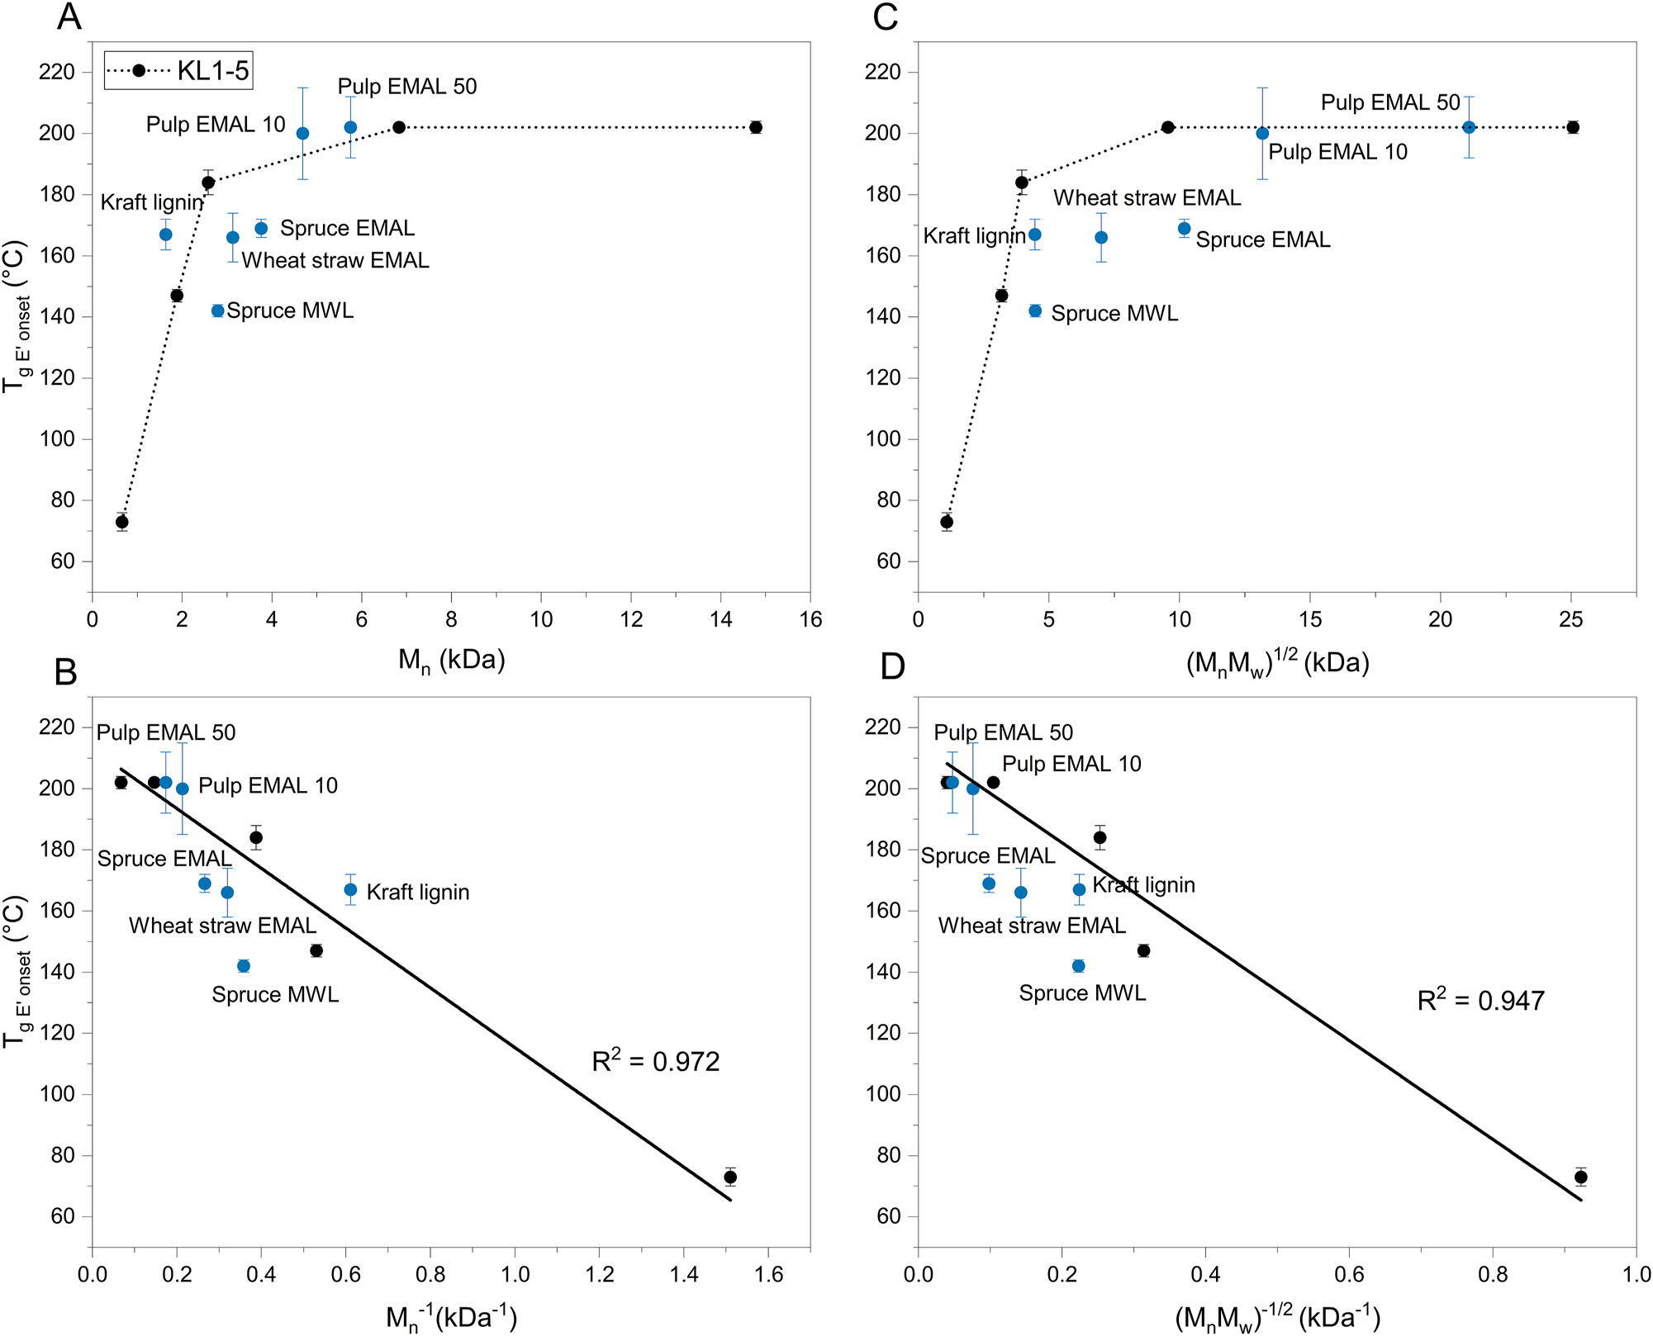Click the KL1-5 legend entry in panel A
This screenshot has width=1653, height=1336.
point(178,71)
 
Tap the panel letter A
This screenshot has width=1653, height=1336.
point(69,17)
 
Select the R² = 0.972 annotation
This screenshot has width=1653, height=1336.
point(656,1061)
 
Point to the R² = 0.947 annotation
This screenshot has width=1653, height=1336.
point(1480,1001)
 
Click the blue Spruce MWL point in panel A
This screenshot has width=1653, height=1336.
point(218,311)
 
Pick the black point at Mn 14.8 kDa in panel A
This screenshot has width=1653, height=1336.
point(756,127)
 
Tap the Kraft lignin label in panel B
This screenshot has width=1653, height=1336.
point(418,893)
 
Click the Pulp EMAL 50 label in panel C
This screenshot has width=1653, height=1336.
point(1390,102)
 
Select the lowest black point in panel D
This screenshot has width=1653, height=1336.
point(1580,1177)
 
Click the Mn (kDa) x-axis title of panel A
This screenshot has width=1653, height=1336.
point(451,661)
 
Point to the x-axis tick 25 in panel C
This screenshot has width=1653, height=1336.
point(1570,620)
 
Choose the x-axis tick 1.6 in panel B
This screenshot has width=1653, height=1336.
point(768,1275)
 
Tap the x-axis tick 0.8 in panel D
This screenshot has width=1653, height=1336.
point(1493,1275)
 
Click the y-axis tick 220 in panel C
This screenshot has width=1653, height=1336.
point(882,72)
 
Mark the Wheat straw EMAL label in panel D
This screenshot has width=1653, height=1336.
point(1032,926)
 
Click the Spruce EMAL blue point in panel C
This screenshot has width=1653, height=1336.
point(1184,229)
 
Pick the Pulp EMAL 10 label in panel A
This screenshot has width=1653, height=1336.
point(216,125)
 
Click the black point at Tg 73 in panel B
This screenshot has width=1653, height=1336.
point(729,1177)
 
